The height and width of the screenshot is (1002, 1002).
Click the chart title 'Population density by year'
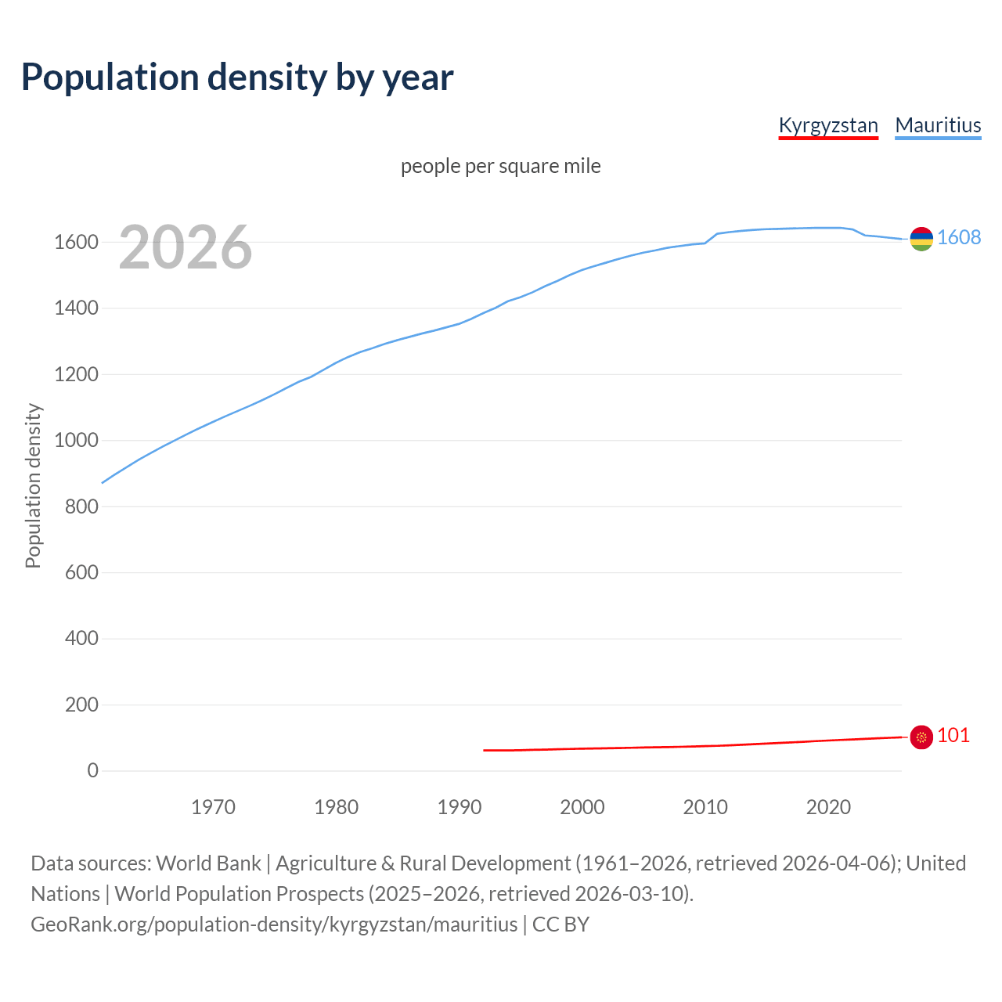point(237,77)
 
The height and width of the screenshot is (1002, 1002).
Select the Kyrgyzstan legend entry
point(828,125)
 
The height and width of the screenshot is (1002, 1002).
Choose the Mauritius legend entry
point(938,125)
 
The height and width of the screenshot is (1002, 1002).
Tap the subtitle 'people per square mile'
point(501,166)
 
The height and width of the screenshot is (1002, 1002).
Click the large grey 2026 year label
point(186,247)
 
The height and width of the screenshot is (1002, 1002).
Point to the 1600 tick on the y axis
point(76,242)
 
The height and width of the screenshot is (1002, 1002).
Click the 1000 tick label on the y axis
point(76,440)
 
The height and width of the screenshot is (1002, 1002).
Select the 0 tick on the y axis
point(93,770)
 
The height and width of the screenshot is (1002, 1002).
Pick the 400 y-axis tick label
point(81,638)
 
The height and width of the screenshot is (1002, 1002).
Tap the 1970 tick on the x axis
point(213,807)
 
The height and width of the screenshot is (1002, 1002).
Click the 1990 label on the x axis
point(460,807)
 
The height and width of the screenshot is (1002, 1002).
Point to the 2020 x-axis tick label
point(828,807)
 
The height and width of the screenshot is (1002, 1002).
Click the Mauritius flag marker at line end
point(921,239)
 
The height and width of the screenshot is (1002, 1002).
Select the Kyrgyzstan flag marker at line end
point(921,737)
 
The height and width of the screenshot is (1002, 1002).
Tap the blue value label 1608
point(959,237)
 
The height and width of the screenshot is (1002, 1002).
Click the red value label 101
point(953,735)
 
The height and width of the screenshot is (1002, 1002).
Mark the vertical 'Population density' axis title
point(33,485)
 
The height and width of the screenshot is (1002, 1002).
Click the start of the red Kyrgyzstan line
point(485,750)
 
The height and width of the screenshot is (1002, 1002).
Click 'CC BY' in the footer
point(560,925)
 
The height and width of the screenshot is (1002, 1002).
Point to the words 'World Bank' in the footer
point(208,863)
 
